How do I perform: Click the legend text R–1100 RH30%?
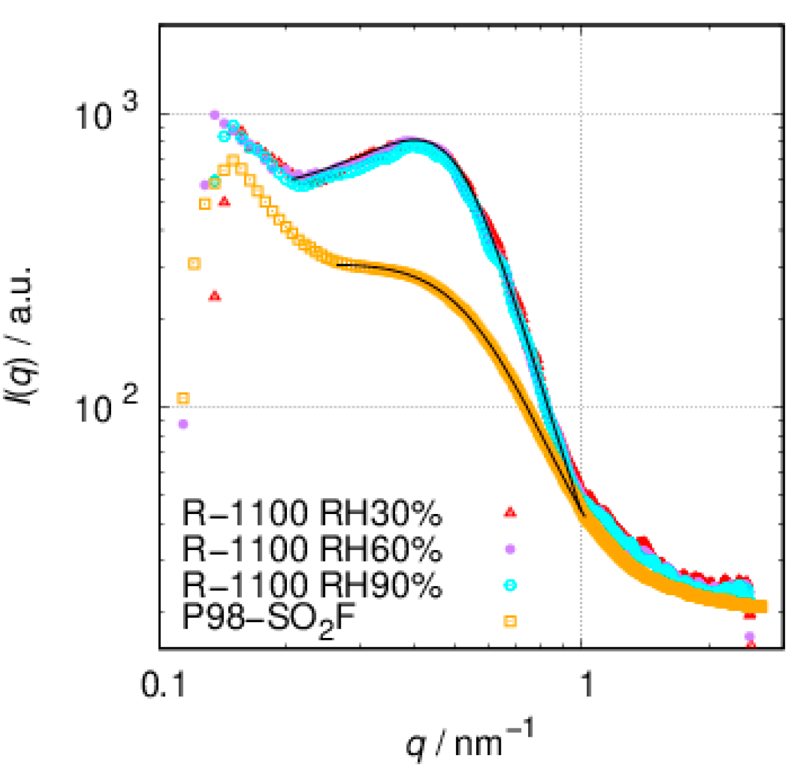[x=311, y=514]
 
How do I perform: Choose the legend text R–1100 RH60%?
[x=311, y=549]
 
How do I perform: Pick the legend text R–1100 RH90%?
[x=311, y=585]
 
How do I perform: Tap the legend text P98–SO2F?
[x=269, y=621]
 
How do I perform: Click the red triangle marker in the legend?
[x=510, y=513]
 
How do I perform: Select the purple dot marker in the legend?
[x=510, y=549]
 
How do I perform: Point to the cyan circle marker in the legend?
[x=510, y=585]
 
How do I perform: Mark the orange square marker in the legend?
[x=510, y=621]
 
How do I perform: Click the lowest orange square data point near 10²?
[x=183, y=398]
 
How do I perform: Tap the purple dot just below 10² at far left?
[x=183, y=424]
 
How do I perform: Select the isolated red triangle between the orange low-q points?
[x=215, y=296]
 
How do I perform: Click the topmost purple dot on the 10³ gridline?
[x=214, y=114]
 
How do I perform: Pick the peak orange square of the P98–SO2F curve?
[x=233, y=161]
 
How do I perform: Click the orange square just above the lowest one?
[x=194, y=264]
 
